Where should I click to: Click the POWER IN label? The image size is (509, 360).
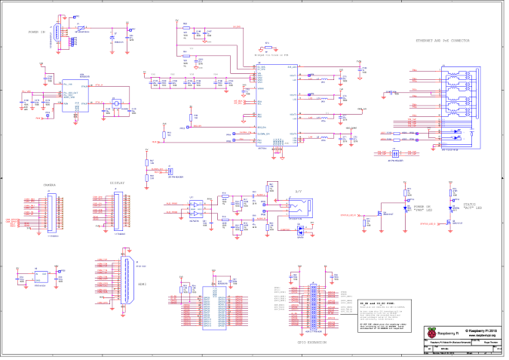click(x=38, y=32)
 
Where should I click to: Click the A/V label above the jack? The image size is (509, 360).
click(x=298, y=191)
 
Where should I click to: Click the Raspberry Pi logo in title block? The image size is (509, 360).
click(x=431, y=333)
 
